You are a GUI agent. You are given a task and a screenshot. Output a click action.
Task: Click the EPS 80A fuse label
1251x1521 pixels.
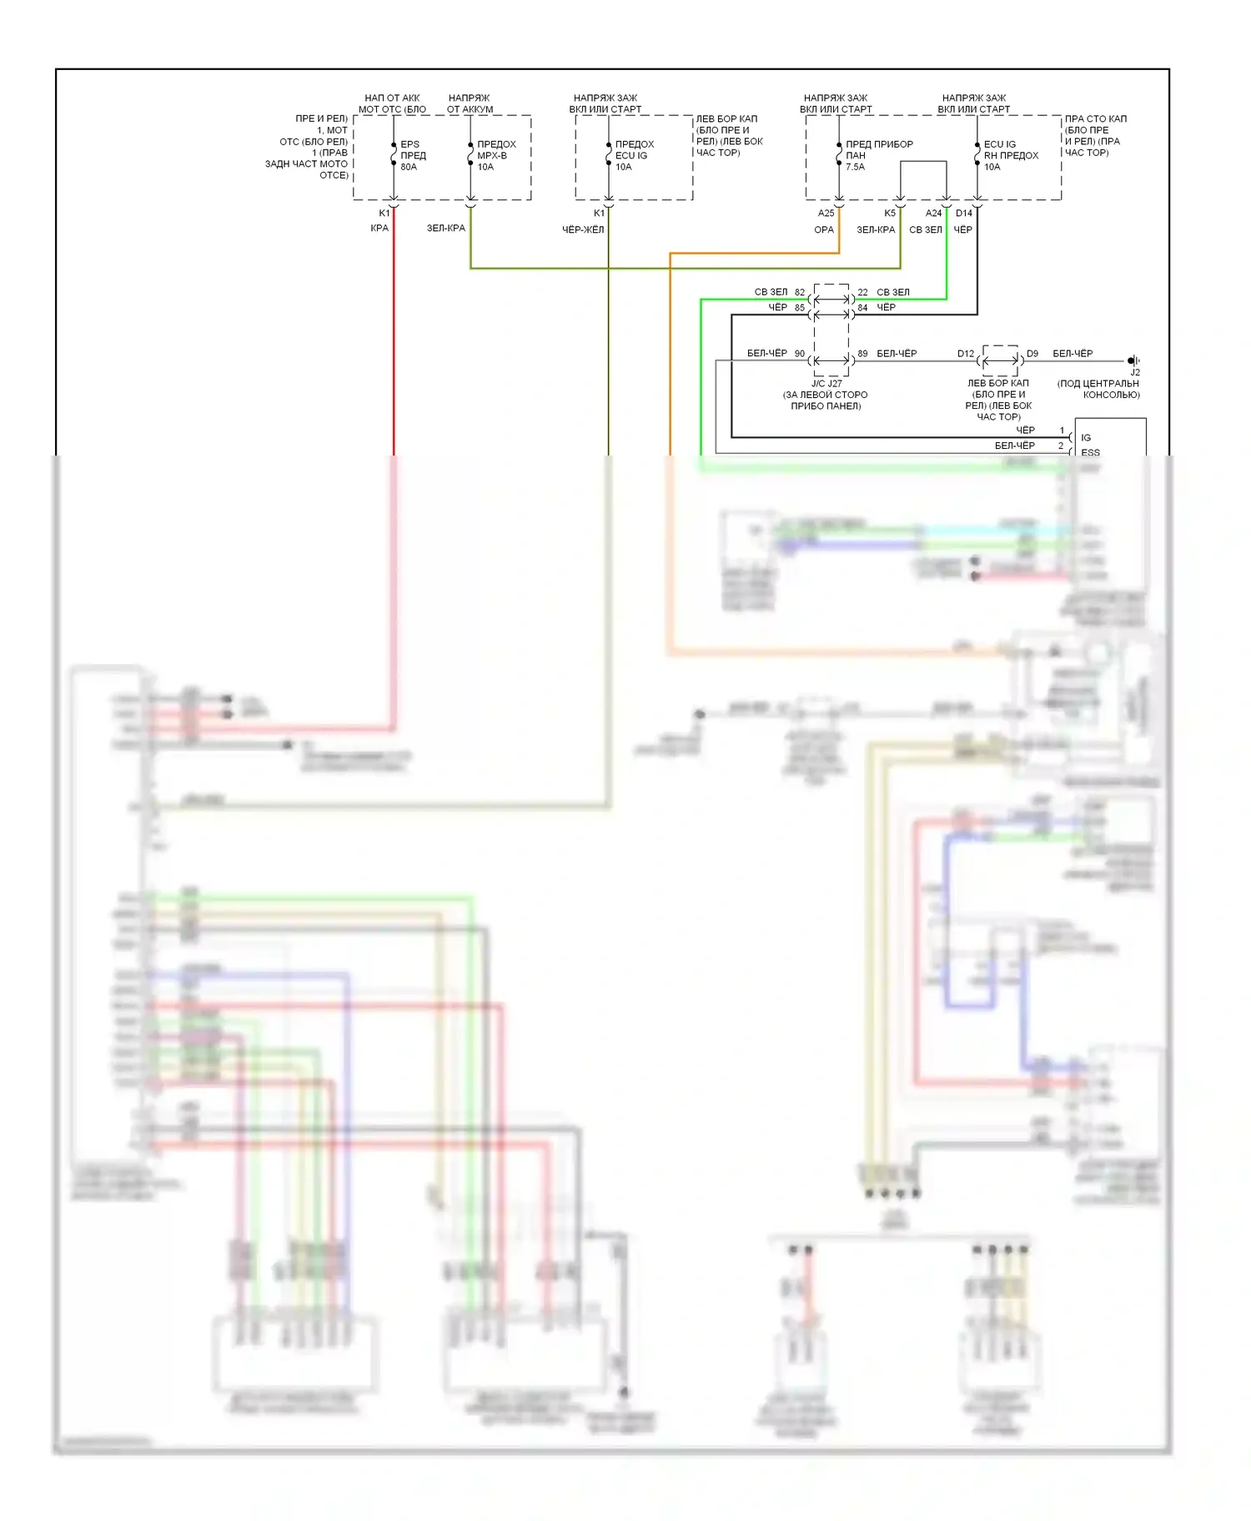point(412,155)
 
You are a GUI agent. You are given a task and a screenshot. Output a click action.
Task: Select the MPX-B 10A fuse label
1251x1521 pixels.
point(496,155)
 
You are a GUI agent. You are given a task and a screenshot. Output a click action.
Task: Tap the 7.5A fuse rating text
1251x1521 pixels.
point(855,167)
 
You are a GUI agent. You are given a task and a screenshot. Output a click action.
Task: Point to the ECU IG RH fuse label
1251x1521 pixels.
point(1011,155)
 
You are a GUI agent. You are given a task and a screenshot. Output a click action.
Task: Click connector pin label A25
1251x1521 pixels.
point(826,214)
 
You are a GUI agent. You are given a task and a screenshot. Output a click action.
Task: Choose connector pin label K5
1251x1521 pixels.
point(890,214)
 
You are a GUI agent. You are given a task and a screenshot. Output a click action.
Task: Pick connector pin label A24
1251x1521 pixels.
point(933,214)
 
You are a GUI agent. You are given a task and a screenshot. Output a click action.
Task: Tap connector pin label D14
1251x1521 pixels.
point(964,214)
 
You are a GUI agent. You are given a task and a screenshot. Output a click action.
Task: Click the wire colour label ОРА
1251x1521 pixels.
point(824,229)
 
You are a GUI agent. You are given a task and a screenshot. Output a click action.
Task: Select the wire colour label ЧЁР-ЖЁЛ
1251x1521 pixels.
point(583,229)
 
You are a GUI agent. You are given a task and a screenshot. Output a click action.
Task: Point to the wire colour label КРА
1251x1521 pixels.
point(379,228)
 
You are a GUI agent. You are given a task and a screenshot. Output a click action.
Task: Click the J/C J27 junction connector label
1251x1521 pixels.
point(826,384)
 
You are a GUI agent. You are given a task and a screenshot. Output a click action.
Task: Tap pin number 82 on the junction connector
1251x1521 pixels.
point(800,293)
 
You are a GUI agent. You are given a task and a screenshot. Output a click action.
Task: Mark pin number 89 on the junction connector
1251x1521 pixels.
point(862,354)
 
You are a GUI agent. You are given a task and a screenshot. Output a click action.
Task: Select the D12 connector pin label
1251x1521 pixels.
point(965,354)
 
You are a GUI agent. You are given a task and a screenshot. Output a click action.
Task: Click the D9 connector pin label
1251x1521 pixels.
point(1032,354)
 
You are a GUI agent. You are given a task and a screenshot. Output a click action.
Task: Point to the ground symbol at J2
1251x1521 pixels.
point(1133,361)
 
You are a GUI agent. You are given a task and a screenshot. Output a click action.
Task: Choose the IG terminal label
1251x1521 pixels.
point(1086,437)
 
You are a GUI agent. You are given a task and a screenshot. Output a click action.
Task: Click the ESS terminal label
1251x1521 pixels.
point(1090,452)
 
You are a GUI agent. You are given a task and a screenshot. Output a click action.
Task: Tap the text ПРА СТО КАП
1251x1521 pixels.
point(1095,119)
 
